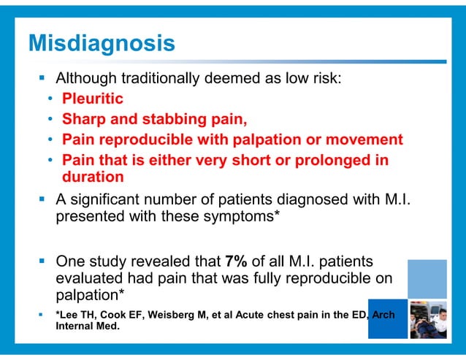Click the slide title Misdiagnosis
tap(101, 43)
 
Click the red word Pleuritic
tap(93, 98)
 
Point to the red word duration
tap(92, 176)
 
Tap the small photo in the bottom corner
tap(427, 319)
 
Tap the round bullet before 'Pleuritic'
tap(50, 99)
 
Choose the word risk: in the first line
tap(324, 78)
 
